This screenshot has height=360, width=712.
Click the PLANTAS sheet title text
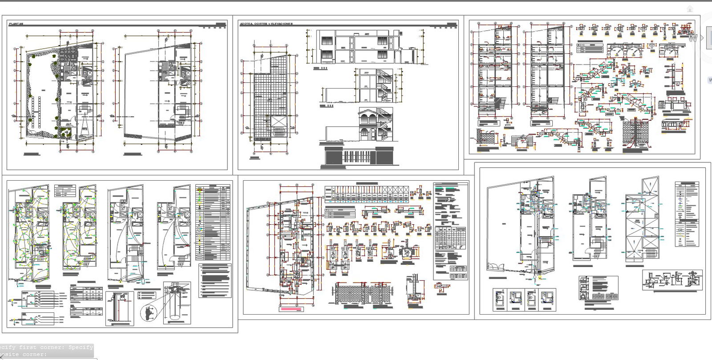pos(16,24)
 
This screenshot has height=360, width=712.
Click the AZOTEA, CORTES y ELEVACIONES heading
pos(266,24)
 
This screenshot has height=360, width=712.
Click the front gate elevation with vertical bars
pos(359,156)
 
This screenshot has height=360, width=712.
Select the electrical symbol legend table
pos(213,222)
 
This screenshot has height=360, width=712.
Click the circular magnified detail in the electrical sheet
pos(148,312)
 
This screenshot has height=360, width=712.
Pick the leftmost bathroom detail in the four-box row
pos(501,299)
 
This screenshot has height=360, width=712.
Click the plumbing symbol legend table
pos(687,214)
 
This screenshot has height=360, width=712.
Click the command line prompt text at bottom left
pos(47,350)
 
